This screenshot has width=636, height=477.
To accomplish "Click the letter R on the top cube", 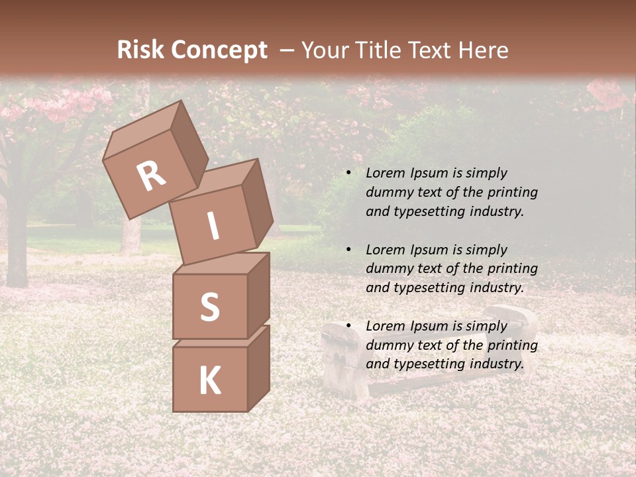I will tap(151, 176).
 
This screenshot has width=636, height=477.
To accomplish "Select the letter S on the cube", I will tap(209, 307).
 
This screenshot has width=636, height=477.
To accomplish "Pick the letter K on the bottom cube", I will tap(209, 381).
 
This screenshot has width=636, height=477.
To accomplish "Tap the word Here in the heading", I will tap(482, 50).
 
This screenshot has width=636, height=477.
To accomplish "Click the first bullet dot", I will tap(348, 174).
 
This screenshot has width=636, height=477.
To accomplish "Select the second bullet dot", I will tap(348, 250).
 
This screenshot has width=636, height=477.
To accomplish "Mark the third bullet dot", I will tap(348, 326).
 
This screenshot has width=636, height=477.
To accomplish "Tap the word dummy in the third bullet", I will tap(388, 345).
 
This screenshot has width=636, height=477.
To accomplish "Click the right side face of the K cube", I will tap(258, 368).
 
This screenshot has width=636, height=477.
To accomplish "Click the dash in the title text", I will tap(287, 50).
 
